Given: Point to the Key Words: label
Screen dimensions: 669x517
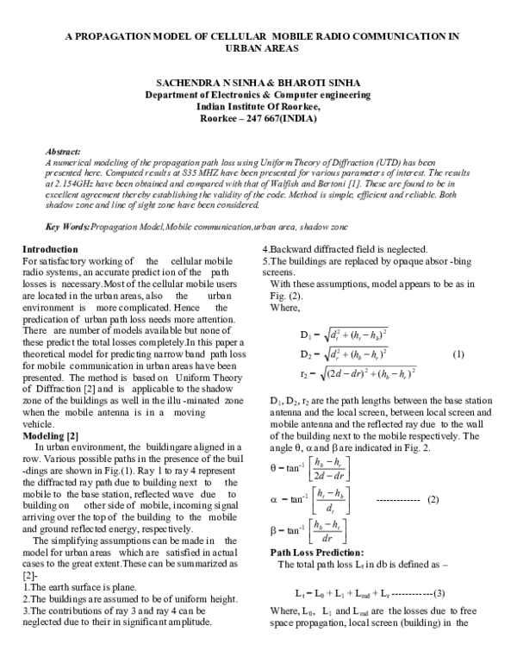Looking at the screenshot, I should point(67,227).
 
